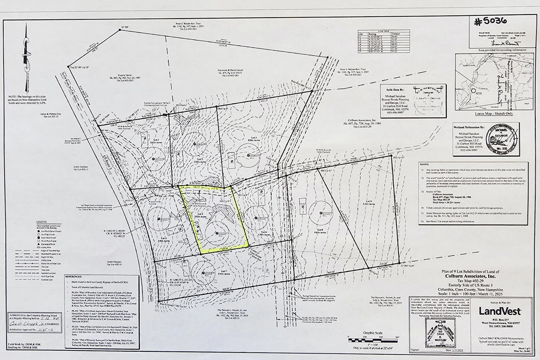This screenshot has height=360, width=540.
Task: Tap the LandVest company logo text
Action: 500,311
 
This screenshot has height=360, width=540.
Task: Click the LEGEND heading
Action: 42,222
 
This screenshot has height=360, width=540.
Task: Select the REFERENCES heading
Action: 74,277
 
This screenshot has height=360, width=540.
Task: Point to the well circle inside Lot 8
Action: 320,213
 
